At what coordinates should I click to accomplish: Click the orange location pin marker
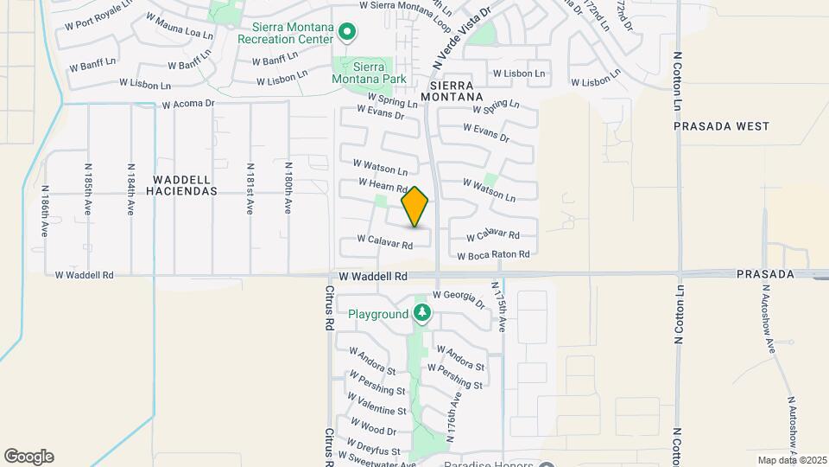click(x=415, y=207)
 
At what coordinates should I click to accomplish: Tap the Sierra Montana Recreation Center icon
click(x=347, y=33)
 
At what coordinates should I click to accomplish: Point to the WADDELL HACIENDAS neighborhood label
click(x=184, y=185)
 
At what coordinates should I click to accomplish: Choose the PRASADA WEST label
click(x=721, y=126)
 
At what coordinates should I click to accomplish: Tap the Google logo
click(x=28, y=457)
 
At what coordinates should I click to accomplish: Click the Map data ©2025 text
click(x=791, y=460)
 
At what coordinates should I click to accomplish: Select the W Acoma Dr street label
click(x=187, y=104)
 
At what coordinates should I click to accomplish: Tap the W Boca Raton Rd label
click(x=492, y=255)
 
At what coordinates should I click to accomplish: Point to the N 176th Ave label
click(x=454, y=411)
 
